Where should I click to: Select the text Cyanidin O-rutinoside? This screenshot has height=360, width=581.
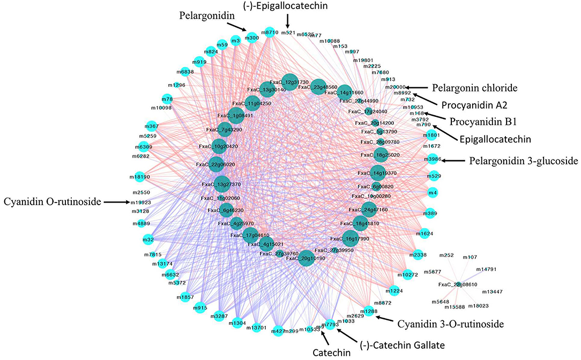52,202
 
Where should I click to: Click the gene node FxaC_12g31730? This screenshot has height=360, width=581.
289,81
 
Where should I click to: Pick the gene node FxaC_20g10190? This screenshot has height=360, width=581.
306,258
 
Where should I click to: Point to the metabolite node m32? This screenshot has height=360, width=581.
148,239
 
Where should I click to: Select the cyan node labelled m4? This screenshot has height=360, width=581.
433,192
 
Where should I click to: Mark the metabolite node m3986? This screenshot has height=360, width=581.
432,160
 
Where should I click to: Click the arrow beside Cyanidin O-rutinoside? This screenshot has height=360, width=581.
116,202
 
